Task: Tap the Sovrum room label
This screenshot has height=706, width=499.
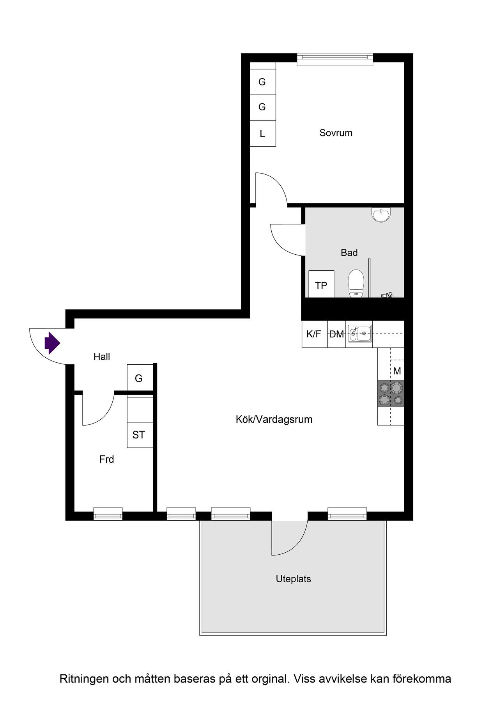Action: click(x=336, y=133)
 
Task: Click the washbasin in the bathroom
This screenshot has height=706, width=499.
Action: click(x=381, y=215)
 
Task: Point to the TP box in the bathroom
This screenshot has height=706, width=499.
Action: click(x=321, y=284)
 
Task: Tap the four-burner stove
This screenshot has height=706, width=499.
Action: click(x=391, y=393)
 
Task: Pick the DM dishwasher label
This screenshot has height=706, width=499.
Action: click(x=337, y=334)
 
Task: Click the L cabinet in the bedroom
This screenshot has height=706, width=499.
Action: click(x=263, y=134)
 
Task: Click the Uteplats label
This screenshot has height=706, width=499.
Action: click(x=293, y=579)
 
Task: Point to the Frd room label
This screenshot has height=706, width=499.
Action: click(x=106, y=459)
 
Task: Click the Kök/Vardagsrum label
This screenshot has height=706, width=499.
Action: click(x=274, y=419)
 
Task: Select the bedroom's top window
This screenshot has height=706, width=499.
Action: click(x=335, y=59)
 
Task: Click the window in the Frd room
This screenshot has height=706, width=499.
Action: click(x=108, y=514)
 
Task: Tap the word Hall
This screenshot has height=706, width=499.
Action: click(x=102, y=357)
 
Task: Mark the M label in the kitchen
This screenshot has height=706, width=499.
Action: click(x=397, y=371)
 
